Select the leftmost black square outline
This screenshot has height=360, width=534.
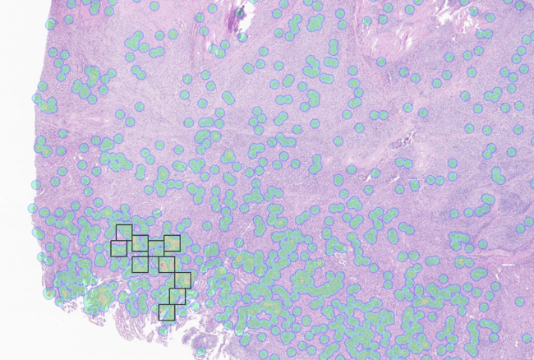point(119,247)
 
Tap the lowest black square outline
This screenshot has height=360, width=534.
point(167,312)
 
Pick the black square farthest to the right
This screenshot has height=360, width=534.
point(182,279)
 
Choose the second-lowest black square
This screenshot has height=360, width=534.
point(177,296)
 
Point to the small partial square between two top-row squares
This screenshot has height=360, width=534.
point(155,246)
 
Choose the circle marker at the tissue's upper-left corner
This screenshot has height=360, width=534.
point(51,24)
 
